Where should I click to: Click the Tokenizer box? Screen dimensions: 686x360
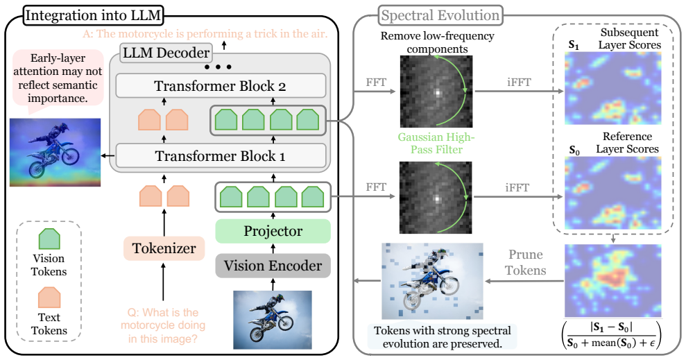tap(164, 248)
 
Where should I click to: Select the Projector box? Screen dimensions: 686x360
tap(273, 231)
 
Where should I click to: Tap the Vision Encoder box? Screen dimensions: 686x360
tap(273, 266)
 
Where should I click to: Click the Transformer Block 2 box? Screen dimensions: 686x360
tap(221, 86)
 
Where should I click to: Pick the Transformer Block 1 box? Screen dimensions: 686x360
tap(221, 156)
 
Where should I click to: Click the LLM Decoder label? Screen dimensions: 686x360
tap(166, 53)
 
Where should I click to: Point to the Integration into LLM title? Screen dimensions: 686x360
tap(93, 15)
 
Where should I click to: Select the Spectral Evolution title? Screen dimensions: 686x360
tap(440, 15)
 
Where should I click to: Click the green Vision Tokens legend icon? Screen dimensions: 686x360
tap(49, 239)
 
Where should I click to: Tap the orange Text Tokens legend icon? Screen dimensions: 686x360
tap(49, 298)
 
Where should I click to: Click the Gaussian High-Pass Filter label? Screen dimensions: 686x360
tap(436, 143)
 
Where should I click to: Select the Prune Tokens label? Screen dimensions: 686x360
tap(526, 262)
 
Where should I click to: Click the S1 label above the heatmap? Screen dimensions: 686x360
tap(574, 45)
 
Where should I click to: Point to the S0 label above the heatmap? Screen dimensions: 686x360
tap(574, 151)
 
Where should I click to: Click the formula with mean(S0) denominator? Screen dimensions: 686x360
tap(612, 336)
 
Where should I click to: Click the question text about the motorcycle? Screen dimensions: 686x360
tap(163, 325)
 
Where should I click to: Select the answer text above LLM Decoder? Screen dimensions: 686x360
tap(205, 34)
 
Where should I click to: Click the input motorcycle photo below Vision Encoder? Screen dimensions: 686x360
tap(273, 319)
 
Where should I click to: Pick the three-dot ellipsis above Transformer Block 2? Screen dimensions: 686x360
tap(217, 67)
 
